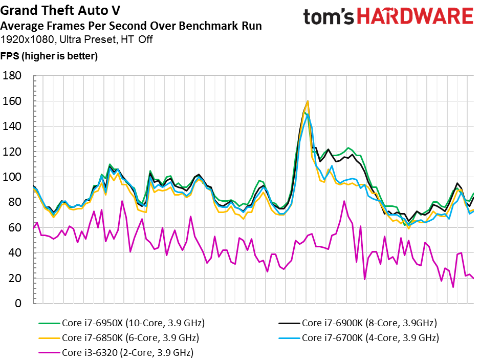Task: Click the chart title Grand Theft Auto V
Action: [60, 10]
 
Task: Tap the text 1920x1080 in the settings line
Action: [28, 39]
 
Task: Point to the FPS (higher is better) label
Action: [49, 56]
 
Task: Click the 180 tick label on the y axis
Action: [12, 76]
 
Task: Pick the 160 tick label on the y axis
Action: [12, 101]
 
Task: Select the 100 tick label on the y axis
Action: [12, 177]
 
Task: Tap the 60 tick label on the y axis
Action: [15, 228]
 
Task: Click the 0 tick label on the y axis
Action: [18, 303]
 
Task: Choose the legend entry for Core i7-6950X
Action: [121, 323]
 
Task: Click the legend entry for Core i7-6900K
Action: [358, 323]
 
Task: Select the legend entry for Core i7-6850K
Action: [119, 338]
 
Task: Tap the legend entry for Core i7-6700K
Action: [359, 338]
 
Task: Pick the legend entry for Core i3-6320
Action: [116, 353]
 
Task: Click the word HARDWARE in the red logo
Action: [416, 16]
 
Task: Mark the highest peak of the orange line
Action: [308, 101]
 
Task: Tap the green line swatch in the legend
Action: [49, 323]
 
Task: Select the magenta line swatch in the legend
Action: [49, 353]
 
